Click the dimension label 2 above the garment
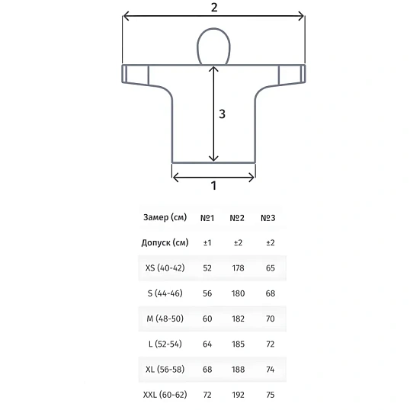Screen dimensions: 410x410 click(x=214, y=8)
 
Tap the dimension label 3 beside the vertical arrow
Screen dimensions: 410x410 click(x=222, y=114)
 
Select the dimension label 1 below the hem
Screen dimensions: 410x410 click(x=213, y=186)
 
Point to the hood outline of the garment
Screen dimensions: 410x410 click(x=213, y=29)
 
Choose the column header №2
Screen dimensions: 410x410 click(x=237, y=218)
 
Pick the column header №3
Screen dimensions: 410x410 click(x=268, y=218)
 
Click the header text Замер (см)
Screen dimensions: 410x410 click(x=165, y=217)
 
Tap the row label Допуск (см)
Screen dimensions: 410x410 click(x=165, y=242)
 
